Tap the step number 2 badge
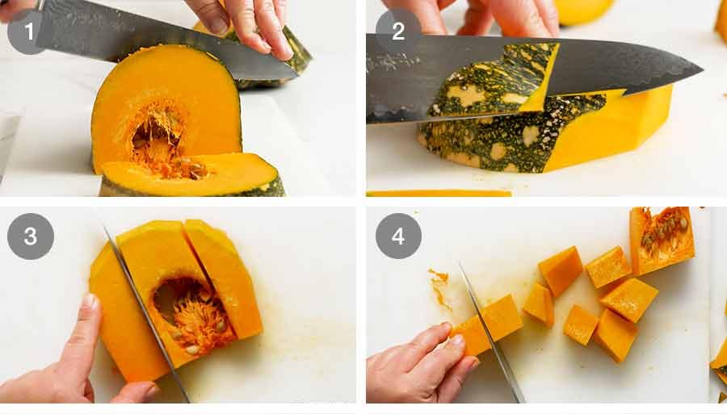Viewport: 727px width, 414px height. click(x=398, y=31)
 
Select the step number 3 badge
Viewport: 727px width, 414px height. click(x=31, y=236)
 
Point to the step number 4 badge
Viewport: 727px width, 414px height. click(x=398, y=236)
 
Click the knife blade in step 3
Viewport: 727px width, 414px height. click(x=145, y=315)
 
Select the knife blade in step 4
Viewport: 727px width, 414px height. click(x=493, y=339)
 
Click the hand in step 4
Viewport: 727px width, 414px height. click(x=412, y=363)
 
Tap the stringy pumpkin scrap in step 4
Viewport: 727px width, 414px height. click(x=439, y=286)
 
